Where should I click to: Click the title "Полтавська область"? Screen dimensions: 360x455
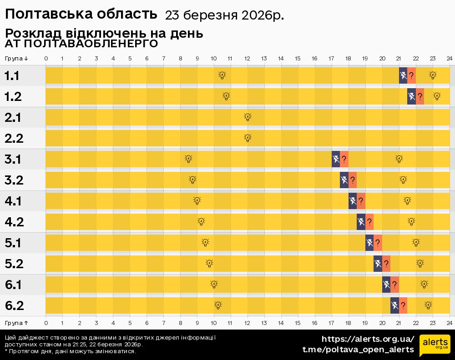point(81,14)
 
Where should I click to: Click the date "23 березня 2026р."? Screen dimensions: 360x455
point(224,15)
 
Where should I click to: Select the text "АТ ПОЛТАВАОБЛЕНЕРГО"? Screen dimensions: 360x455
point(81,44)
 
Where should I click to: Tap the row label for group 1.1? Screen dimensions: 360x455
point(12,76)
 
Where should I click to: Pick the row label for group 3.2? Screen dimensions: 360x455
point(14,180)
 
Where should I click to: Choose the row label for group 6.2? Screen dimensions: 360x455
point(14,306)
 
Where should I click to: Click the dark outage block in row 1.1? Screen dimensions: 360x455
point(403,75)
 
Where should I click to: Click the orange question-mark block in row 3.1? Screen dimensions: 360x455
point(344,159)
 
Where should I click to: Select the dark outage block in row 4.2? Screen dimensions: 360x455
point(361,222)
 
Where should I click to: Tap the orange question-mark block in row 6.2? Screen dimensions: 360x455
point(403,305)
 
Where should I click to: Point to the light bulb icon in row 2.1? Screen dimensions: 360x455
point(248,117)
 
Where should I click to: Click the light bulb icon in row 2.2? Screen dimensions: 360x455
point(248,138)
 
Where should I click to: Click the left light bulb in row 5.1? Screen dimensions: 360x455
point(205,243)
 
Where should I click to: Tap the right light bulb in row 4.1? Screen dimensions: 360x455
point(407,201)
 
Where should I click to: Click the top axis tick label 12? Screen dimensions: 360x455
point(248,59)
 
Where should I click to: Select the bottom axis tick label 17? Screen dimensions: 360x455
point(331,323)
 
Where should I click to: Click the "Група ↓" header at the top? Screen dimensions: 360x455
point(17,59)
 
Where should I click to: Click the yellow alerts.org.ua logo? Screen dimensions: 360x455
point(435,344)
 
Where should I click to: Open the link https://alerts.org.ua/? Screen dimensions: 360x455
point(368,339)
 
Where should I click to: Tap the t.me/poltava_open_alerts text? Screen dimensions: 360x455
point(358,350)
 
